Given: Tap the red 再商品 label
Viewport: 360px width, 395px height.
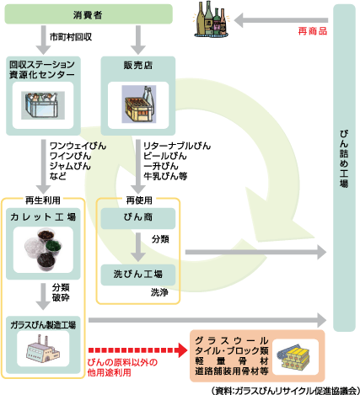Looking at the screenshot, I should [x=312, y=30].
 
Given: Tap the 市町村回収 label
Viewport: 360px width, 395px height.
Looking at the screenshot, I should [x=68, y=39].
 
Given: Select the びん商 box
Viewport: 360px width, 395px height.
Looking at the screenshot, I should [x=138, y=217].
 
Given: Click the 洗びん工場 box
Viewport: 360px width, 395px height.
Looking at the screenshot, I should [x=138, y=274].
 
